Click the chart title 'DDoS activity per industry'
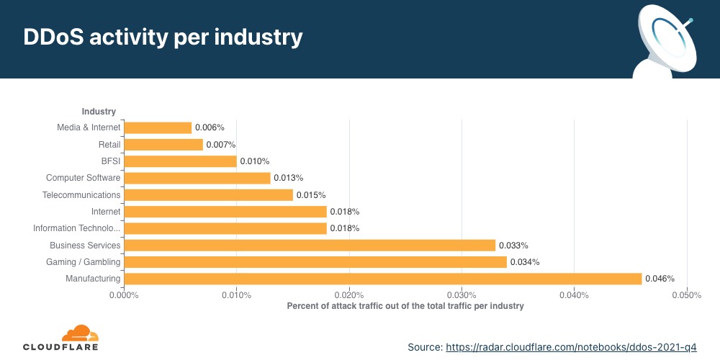click(163, 38)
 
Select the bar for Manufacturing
click(382, 279)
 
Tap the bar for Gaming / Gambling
click(315, 262)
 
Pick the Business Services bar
click(310, 246)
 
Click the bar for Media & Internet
click(158, 127)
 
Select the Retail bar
click(163, 145)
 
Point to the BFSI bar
click(180, 161)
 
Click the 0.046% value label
click(660, 279)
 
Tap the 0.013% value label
click(288, 178)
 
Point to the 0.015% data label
click(311, 195)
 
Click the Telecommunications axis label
click(82, 195)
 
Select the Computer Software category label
click(84, 178)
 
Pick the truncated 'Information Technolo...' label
click(77, 228)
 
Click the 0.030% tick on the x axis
click(462, 294)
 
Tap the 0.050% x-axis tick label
click(686, 294)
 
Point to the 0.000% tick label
click(124, 294)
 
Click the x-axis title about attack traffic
click(405, 306)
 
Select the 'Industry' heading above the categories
click(99, 112)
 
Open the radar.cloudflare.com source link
click(571, 347)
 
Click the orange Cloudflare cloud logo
click(79, 333)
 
